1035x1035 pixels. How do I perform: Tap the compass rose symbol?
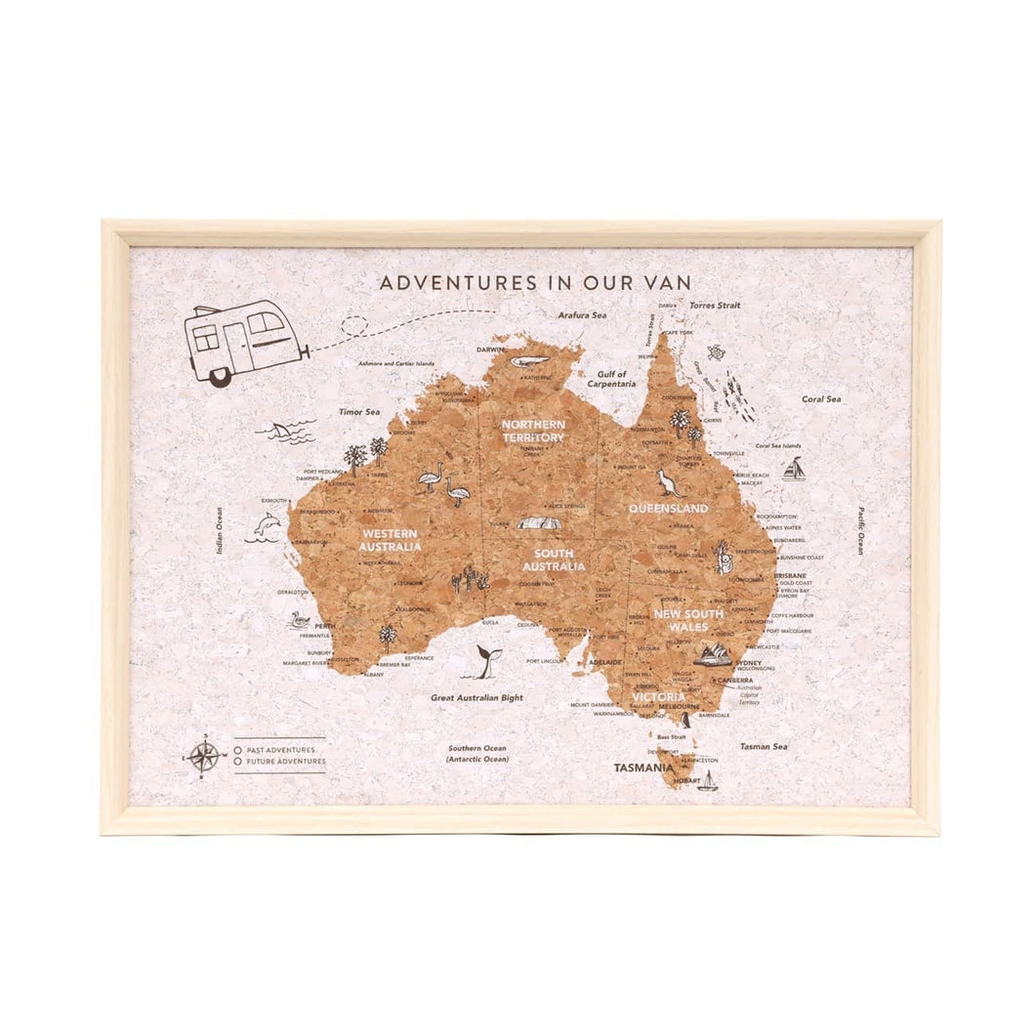(203, 755)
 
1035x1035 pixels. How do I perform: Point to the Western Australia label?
(391, 540)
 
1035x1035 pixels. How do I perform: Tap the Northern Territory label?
(533, 431)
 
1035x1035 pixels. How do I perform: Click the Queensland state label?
(668, 509)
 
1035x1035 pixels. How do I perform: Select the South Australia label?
(554, 559)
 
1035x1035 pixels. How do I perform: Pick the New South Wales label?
(688, 620)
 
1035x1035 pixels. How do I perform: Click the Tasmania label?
(642, 767)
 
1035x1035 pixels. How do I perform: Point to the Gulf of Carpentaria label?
(611, 379)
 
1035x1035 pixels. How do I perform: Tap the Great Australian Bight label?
(476, 698)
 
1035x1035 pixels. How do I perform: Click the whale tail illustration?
(485, 661)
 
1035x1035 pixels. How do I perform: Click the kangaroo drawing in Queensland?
(668, 483)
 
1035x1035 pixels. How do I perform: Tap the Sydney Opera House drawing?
(713, 655)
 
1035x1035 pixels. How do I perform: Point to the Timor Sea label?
(358, 412)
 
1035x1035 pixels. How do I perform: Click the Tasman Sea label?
(763, 746)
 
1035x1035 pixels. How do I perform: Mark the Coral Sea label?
(820, 399)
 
